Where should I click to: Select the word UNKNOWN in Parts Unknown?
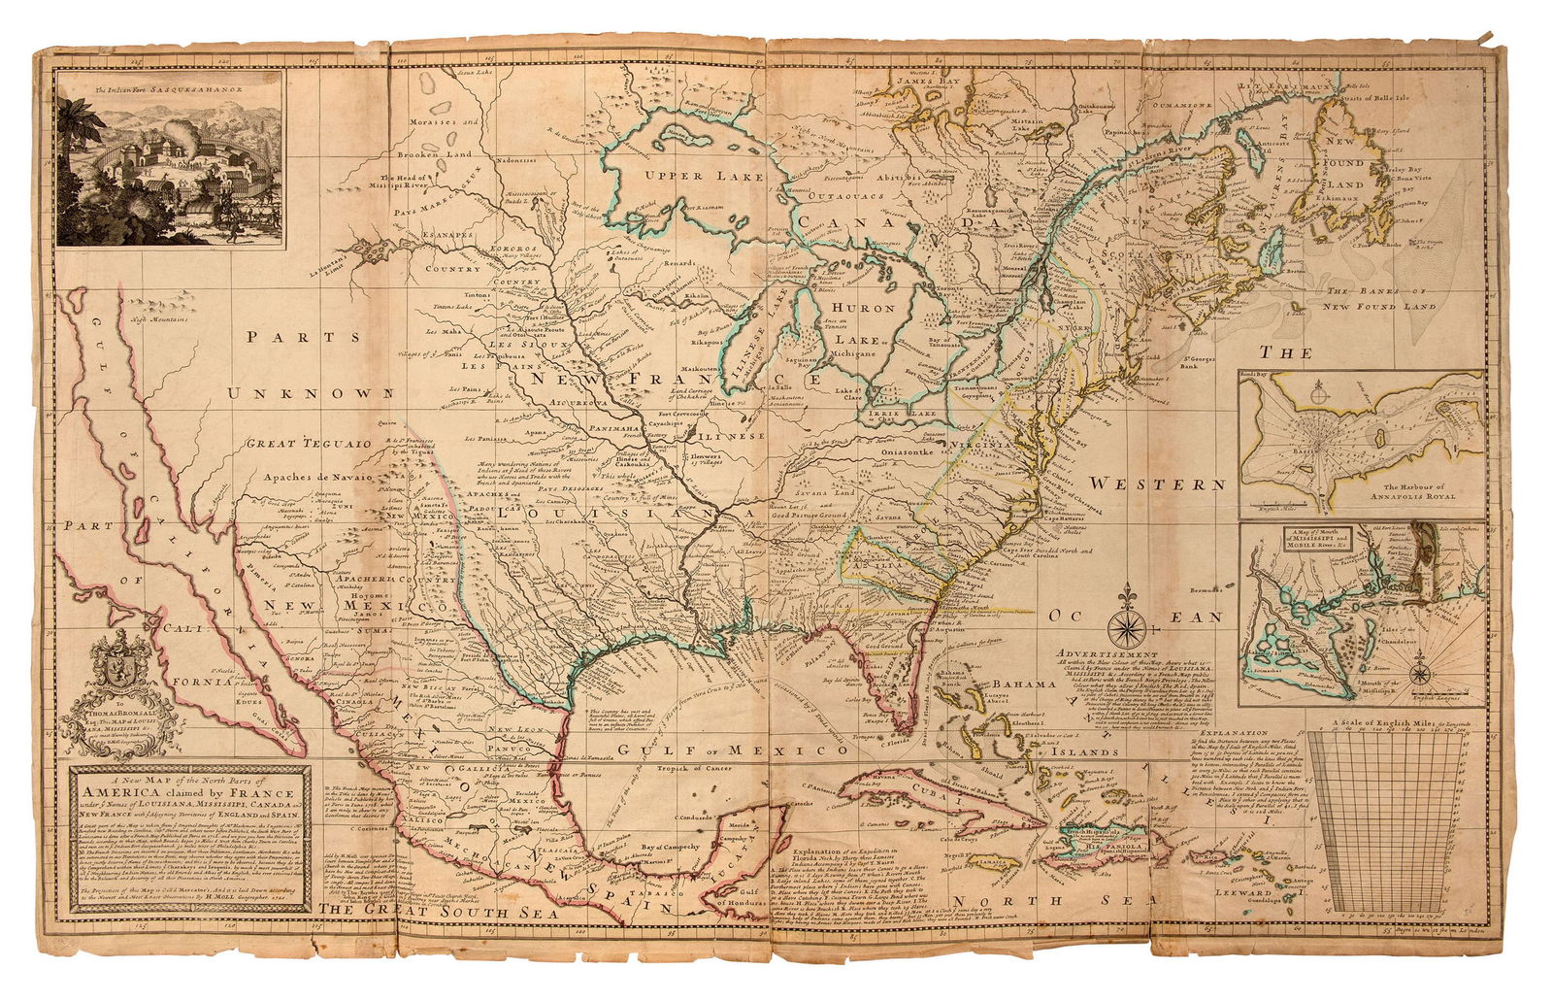(x=311, y=392)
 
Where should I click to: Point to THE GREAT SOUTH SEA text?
(x=440, y=912)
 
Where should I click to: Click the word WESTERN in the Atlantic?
(x=1156, y=483)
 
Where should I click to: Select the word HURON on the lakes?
(x=864, y=307)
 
